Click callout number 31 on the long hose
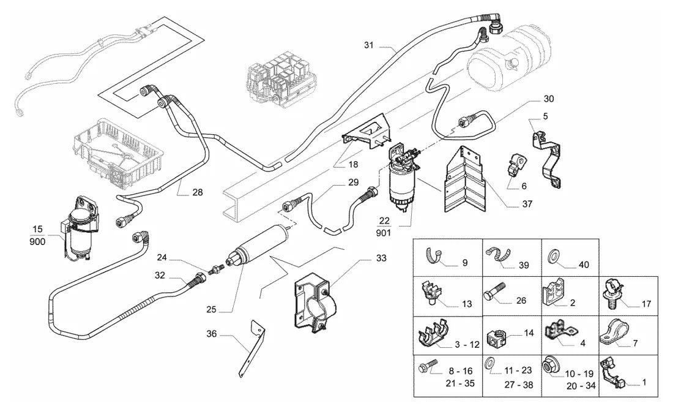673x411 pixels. (369, 45)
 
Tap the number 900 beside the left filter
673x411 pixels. (38, 241)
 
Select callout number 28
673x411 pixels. (198, 192)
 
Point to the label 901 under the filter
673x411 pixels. (383, 233)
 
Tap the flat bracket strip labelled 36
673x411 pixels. (252, 349)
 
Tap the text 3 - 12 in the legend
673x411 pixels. (467, 344)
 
